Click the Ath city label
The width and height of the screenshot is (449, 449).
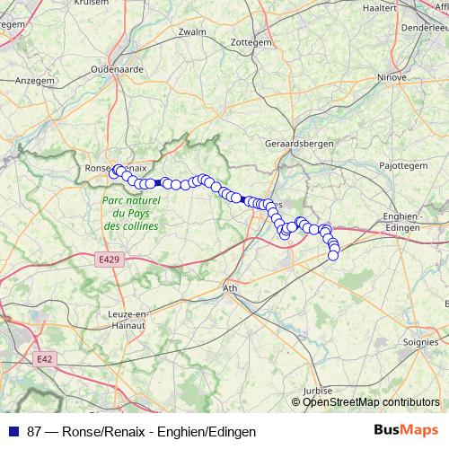pyautogui.click(x=231, y=289)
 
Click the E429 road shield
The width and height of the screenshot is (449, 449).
pyautogui.click(x=108, y=259)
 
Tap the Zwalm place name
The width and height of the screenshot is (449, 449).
pyautogui.click(x=193, y=31)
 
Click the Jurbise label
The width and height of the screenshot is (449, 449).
pyautogui.click(x=318, y=392)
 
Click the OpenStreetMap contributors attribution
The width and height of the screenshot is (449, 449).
pyautogui.click(x=370, y=402)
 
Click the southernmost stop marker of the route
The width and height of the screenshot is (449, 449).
pyautogui.click(x=333, y=256)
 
